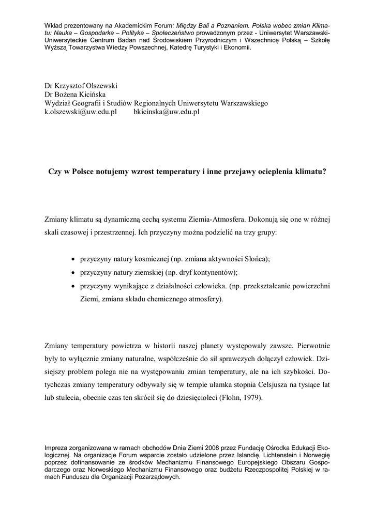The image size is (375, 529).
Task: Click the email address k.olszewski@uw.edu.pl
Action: (x=80, y=111)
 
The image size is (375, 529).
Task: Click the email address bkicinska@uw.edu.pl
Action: (x=167, y=111)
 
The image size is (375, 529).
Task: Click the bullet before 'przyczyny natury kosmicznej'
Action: (x=72, y=259)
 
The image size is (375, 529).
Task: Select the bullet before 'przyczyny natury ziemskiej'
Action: (x=72, y=272)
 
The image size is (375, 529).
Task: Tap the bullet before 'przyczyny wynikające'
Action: (x=72, y=286)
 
